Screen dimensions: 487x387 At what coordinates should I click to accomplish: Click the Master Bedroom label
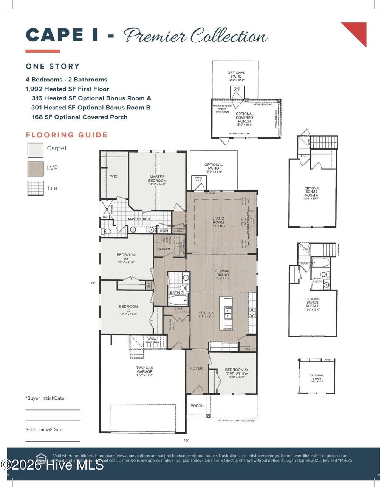pyautogui.click(x=158, y=179)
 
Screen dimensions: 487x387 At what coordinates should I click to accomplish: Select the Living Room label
pyautogui.click(x=218, y=220)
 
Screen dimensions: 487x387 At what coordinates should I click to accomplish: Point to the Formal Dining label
pyautogui.click(x=223, y=273)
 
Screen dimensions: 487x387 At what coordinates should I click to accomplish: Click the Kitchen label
pyautogui.click(x=206, y=314)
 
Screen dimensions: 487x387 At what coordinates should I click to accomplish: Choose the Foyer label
pyautogui.click(x=197, y=368)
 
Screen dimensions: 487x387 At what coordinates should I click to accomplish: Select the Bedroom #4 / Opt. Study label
pyautogui.click(x=237, y=371)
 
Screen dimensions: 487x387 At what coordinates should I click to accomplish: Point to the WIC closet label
pyautogui.click(x=113, y=176)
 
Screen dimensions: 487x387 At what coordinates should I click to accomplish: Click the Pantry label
pyautogui.click(x=250, y=348)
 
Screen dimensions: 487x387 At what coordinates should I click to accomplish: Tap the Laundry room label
pyautogui.click(x=164, y=249)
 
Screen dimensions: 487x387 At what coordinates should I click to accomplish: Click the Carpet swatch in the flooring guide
pyautogui.click(x=36, y=149)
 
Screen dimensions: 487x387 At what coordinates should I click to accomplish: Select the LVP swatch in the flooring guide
pyautogui.click(x=36, y=169)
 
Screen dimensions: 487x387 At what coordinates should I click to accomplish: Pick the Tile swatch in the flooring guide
pyautogui.click(x=36, y=188)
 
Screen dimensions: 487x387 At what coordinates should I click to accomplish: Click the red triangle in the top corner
pyautogui.click(x=357, y=31)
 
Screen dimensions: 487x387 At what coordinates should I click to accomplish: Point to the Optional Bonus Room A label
pyautogui.click(x=312, y=192)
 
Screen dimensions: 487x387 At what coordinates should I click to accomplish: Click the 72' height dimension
pyautogui.click(x=92, y=283)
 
